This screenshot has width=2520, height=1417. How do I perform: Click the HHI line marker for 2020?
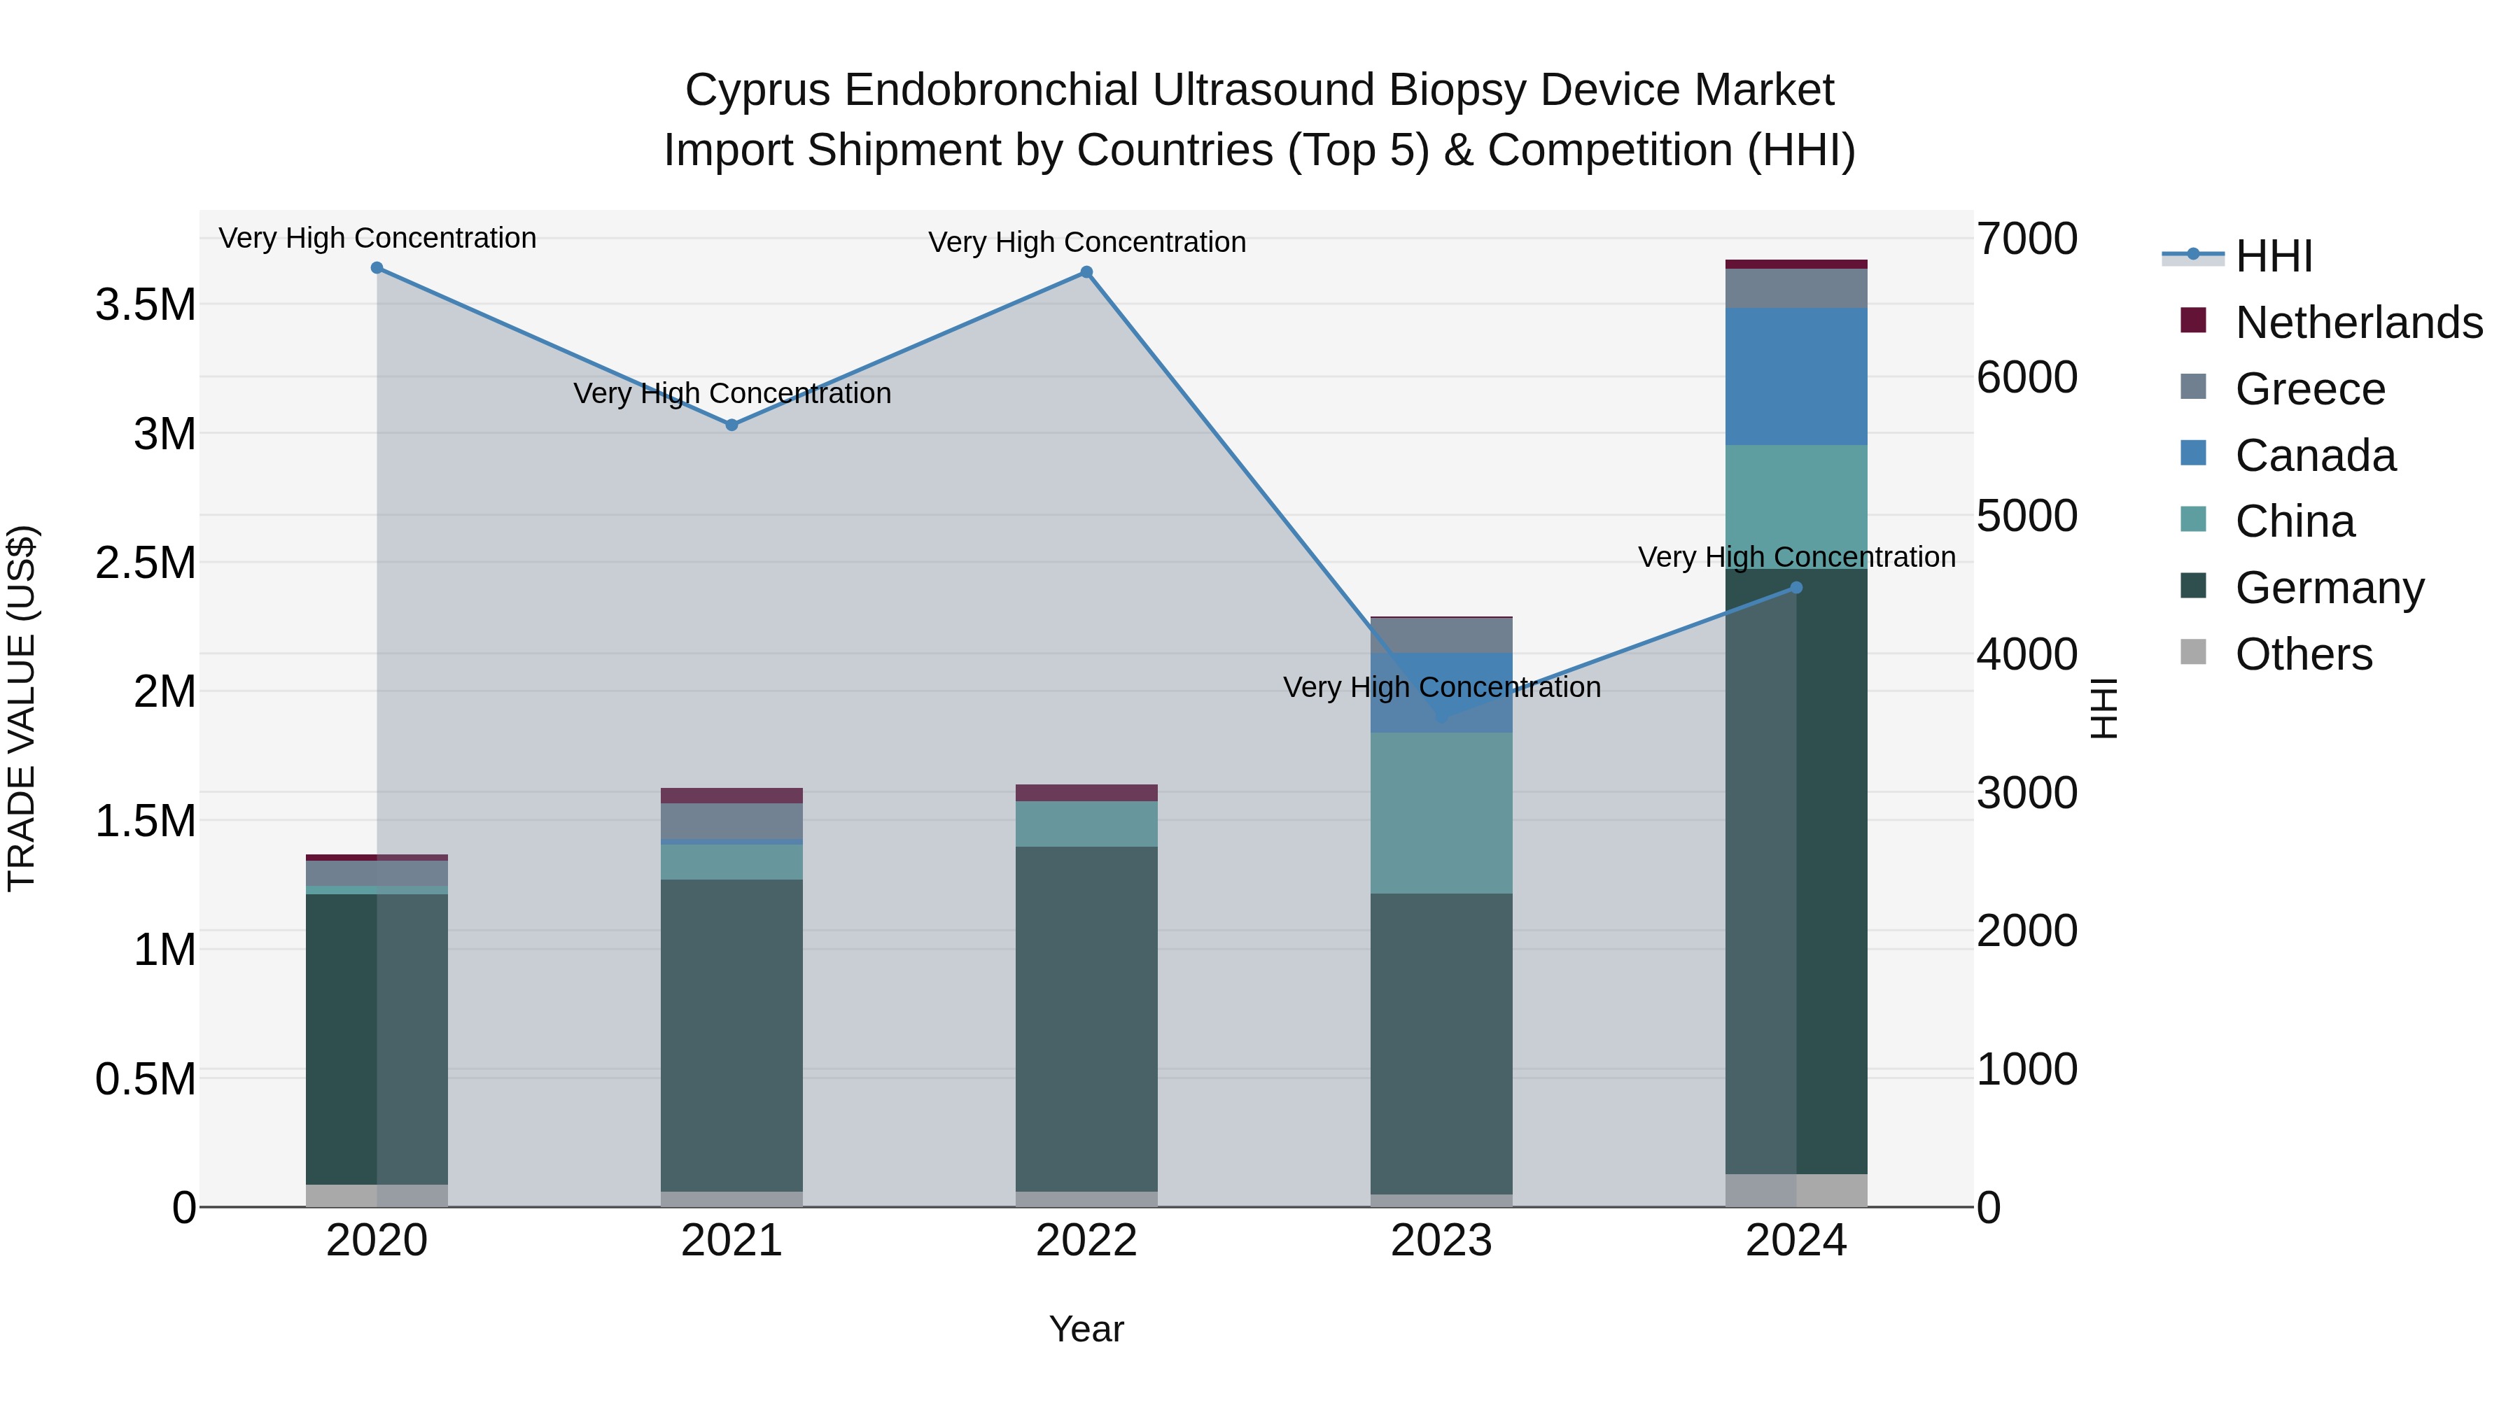(377, 268)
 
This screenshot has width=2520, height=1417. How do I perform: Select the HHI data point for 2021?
(731, 425)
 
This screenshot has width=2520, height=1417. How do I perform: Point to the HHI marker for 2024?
(1796, 588)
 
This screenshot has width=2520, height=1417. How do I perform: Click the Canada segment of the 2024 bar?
(1796, 376)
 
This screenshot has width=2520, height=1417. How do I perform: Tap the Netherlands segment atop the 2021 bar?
(731, 795)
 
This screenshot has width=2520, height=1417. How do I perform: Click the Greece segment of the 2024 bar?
(1796, 288)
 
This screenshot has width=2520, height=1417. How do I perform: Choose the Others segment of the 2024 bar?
(1796, 1190)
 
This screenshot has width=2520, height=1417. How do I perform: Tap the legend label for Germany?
(2329, 588)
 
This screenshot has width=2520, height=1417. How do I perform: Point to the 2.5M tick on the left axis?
(146, 563)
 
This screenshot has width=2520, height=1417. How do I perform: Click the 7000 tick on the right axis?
(2026, 239)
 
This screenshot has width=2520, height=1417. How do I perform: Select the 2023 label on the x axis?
(1441, 1241)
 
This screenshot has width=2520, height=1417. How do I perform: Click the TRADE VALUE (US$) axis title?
(22, 708)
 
